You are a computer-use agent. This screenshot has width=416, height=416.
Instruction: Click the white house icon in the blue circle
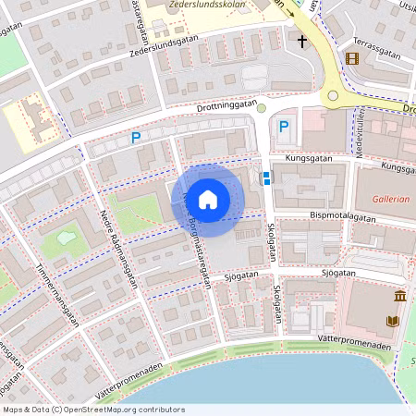[208, 200]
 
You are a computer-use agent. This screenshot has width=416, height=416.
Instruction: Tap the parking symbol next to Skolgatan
[284, 127]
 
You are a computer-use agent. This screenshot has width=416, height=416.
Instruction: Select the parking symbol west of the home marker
[135, 139]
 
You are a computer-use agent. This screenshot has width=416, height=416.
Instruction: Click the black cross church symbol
[301, 41]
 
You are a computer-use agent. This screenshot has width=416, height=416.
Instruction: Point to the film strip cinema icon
[351, 58]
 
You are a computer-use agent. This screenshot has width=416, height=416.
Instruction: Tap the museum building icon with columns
[399, 296]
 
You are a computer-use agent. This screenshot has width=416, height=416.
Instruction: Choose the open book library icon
[392, 321]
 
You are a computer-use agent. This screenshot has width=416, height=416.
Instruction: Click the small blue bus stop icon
[266, 177]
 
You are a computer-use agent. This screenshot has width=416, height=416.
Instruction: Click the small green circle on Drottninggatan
[262, 108]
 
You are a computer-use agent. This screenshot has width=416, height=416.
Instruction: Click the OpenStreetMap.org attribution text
[126, 409]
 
